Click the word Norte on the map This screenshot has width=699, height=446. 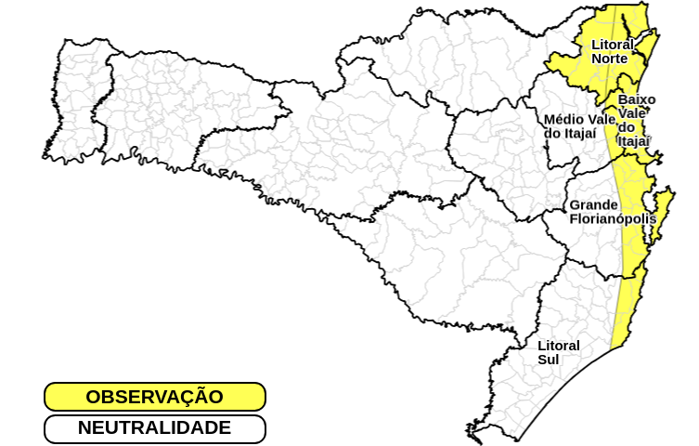(x=610, y=59)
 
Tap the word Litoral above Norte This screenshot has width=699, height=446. (x=613, y=45)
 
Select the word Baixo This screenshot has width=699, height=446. (x=637, y=99)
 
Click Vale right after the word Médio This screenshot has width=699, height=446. (x=602, y=119)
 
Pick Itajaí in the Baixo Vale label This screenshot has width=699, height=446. (x=634, y=141)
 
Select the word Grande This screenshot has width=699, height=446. (x=593, y=204)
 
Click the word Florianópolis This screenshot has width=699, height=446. (x=613, y=219)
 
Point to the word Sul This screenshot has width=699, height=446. (x=549, y=360)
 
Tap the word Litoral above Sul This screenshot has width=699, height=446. (x=559, y=346)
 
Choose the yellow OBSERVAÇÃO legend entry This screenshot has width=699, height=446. (x=155, y=397)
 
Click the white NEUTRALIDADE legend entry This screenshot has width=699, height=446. (x=155, y=428)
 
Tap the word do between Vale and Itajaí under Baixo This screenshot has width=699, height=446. (x=628, y=127)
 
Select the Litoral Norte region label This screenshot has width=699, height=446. (x=612, y=51)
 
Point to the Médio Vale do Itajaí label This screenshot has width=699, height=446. (x=580, y=125)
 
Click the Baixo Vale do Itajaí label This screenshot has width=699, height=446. (x=635, y=120)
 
